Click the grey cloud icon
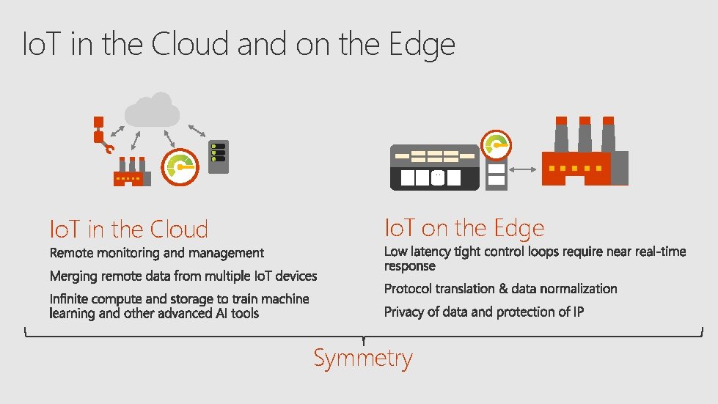point(153,111)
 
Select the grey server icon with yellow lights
point(218,156)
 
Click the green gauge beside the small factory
point(181,166)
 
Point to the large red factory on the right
point(584,158)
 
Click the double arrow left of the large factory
point(522,169)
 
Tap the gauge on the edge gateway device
point(497,145)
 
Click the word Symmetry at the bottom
point(363,359)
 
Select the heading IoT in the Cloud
point(128,229)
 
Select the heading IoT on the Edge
point(464,228)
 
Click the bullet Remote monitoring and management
point(156,253)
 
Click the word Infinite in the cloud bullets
point(70,299)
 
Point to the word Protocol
point(408,289)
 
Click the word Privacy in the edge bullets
point(404,312)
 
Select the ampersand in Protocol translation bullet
point(502,289)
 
